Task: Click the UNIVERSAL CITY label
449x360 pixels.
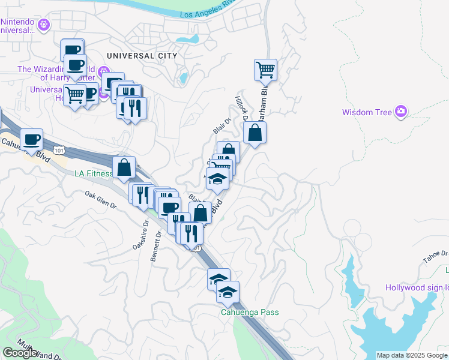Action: pyautogui.click(x=142, y=56)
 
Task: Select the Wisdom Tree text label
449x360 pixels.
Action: pyautogui.click(x=367, y=112)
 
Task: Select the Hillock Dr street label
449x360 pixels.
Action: pyautogui.click(x=241, y=108)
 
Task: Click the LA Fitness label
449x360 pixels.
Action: pyautogui.click(x=93, y=174)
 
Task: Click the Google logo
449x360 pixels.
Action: pyautogui.click(x=20, y=353)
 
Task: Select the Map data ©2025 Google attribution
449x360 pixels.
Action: pyautogui.click(x=412, y=355)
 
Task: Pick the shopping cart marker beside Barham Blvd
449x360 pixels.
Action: pyautogui.click(x=265, y=70)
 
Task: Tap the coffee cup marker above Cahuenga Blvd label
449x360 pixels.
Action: pyautogui.click(x=32, y=140)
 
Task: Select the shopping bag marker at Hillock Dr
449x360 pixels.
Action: pyautogui.click(x=255, y=133)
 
